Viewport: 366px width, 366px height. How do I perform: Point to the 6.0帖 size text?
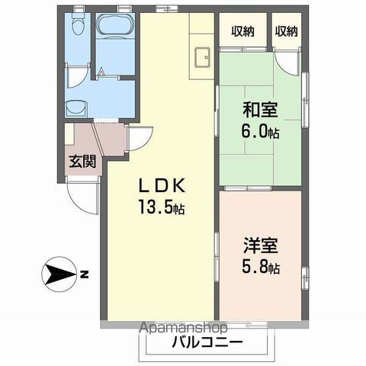[x=261, y=130]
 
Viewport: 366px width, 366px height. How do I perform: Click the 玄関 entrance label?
[x=79, y=161]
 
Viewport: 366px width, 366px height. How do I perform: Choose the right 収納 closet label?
[x=286, y=31]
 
